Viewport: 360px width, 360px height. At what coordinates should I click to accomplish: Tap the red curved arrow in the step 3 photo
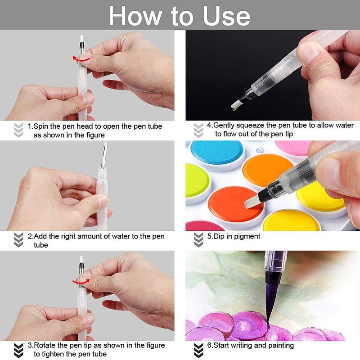pyautogui.click(x=81, y=279)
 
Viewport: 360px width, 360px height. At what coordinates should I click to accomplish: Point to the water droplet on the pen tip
pyautogui.click(x=234, y=108)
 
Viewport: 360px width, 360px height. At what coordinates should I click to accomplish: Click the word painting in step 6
pyautogui.click(x=279, y=345)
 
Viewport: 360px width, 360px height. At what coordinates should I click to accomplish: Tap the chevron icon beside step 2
pyautogui.click(x=18, y=240)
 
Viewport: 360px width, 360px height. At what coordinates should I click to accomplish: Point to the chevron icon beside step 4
pyautogui.click(x=198, y=130)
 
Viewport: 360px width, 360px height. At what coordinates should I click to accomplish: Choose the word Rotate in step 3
pyautogui.click(x=46, y=345)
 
